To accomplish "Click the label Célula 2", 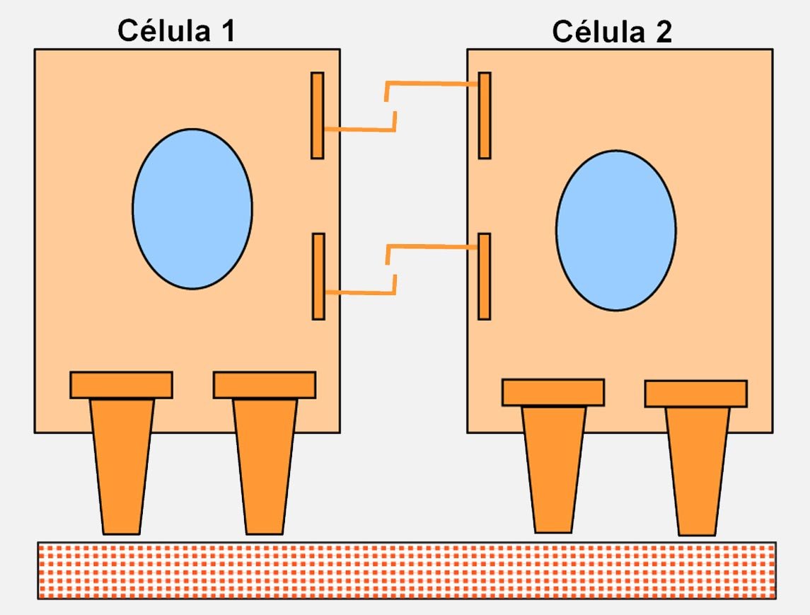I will pyautogui.click(x=611, y=31).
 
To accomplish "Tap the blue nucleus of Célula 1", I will pyautogui.click(x=192, y=209).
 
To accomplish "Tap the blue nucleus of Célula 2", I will pyautogui.click(x=615, y=230).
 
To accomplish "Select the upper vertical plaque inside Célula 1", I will pyautogui.click(x=318, y=115).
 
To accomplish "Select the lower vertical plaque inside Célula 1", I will pyautogui.click(x=318, y=276).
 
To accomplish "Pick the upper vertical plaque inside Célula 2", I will pyautogui.click(x=485, y=115).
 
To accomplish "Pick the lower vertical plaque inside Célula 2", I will pyautogui.click(x=485, y=276).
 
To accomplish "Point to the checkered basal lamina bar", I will pyautogui.click(x=407, y=570).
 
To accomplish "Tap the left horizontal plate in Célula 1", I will pyautogui.click(x=121, y=385).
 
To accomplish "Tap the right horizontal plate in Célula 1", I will pyautogui.click(x=265, y=385).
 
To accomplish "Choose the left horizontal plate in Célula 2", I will pyautogui.click(x=553, y=393).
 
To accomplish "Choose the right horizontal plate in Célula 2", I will pyautogui.click(x=696, y=393).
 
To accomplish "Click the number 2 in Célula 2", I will pyautogui.click(x=663, y=31).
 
